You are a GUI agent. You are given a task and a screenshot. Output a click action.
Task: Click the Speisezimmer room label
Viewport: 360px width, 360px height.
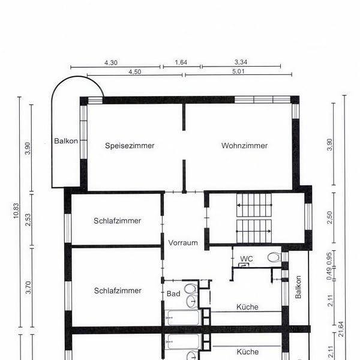pyautogui.click(x=130, y=146)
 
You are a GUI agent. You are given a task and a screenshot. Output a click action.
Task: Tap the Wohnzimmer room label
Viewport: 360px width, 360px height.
pyautogui.click(x=244, y=146)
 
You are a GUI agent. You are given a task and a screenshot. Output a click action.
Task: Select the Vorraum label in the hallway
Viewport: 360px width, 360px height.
pyautogui.click(x=183, y=243)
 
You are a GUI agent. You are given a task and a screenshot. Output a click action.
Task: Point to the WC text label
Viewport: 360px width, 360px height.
pyautogui.click(x=246, y=259)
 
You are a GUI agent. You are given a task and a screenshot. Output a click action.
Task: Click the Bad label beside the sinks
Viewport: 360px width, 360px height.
pyautogui.click(x=173, y=293)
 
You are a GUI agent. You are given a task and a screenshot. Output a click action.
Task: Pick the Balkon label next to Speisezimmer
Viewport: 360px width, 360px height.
pyautogui.click(x=65, y=141)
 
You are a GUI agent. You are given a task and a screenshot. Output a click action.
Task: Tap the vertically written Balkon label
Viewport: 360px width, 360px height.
pyautogui.click(x=298, y=287)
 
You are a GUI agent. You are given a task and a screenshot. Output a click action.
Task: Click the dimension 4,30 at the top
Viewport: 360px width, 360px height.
pyautogui.click(x=111, y=62)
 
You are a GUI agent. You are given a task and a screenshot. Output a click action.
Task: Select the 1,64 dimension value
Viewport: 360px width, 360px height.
pyautogui.click(x=181, y=62)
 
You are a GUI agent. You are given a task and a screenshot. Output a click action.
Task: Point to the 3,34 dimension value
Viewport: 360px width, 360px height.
pyautogui.click(x=241, y=62)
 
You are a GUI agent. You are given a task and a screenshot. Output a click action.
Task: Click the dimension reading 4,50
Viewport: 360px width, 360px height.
pyautogui.click(x=134, y=71)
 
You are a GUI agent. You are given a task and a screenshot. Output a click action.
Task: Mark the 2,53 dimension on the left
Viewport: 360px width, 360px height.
pyautogui.click(x=28, y=220)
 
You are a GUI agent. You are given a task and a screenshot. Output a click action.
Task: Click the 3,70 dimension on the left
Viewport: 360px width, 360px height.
pyautogui.click(x=28, y=290)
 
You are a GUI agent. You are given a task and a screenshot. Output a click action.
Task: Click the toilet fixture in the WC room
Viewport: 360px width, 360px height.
pyautogui.click(x=273, y=258)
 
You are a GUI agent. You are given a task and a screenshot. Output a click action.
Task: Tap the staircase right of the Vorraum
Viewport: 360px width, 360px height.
pyautogui.click(x=254, y=218)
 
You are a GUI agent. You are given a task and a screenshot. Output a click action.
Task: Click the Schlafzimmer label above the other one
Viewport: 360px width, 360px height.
pyautogui.click(x=118, y=221)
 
